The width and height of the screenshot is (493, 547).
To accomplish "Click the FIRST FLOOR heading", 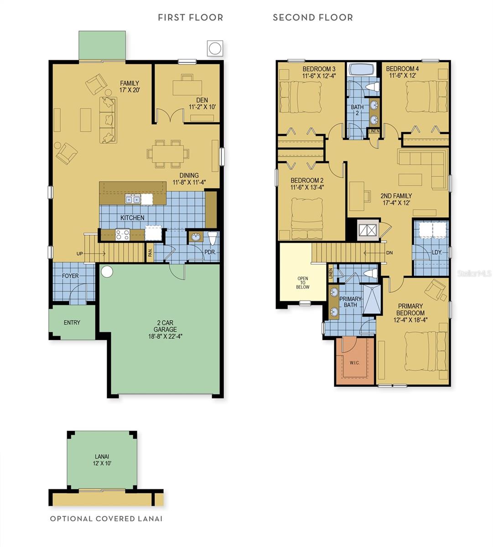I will (190, 18).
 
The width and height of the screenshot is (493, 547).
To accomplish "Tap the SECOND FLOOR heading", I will (312, 18).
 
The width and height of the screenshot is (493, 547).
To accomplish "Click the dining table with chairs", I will (167, 153).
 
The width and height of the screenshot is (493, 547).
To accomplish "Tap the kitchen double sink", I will (133, 199).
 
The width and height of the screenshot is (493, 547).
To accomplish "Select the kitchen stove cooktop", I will (123, 234).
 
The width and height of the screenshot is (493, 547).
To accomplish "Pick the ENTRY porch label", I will (72, 323).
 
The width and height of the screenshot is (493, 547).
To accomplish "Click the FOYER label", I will (70, 276).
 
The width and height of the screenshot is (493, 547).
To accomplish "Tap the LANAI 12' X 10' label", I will (103, 459).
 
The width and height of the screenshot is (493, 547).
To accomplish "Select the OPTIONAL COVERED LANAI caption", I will (106, 519).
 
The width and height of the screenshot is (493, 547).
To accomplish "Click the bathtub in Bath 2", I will (361, 70).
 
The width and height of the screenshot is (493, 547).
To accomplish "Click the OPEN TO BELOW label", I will (302, 283).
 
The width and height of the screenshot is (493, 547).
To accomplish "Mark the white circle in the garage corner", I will (107, 272).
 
